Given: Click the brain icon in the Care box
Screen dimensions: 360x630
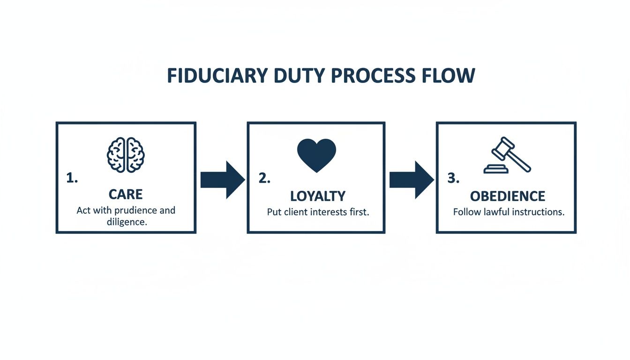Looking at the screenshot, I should click(x=126, y=155).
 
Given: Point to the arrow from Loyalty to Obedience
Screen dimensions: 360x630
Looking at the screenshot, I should click(x=411, y=180).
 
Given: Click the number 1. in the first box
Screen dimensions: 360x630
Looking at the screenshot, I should click(x=72, y=178).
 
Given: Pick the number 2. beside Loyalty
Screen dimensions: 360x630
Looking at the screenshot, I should click(x=264, y=178).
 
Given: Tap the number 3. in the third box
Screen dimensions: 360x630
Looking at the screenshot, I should click(x=453, y=178).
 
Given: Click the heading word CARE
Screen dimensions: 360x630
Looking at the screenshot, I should click(x=126, y=195).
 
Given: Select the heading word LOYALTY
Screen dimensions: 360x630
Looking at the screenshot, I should click(x=318, y=196).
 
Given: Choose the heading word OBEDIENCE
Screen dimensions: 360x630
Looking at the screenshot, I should click(x=508, y=196).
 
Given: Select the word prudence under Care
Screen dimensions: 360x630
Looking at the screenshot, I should click(x=135, y=210).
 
